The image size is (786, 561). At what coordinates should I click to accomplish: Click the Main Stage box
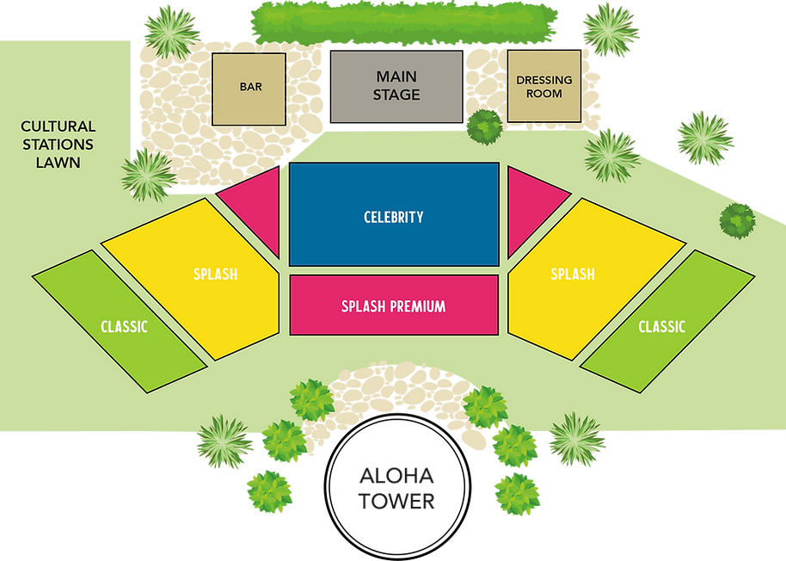396,85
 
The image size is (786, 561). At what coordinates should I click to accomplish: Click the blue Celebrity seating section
394,215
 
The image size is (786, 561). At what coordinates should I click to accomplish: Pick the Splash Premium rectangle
394,305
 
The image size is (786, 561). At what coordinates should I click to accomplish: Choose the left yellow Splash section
202,275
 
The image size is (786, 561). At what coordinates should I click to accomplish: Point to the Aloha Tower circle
395,490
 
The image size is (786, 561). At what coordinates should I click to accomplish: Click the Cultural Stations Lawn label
58,144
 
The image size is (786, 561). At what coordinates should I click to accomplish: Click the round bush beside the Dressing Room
484,126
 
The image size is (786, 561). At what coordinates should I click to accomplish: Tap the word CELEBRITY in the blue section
394,217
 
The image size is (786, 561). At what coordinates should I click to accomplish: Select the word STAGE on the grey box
396,94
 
